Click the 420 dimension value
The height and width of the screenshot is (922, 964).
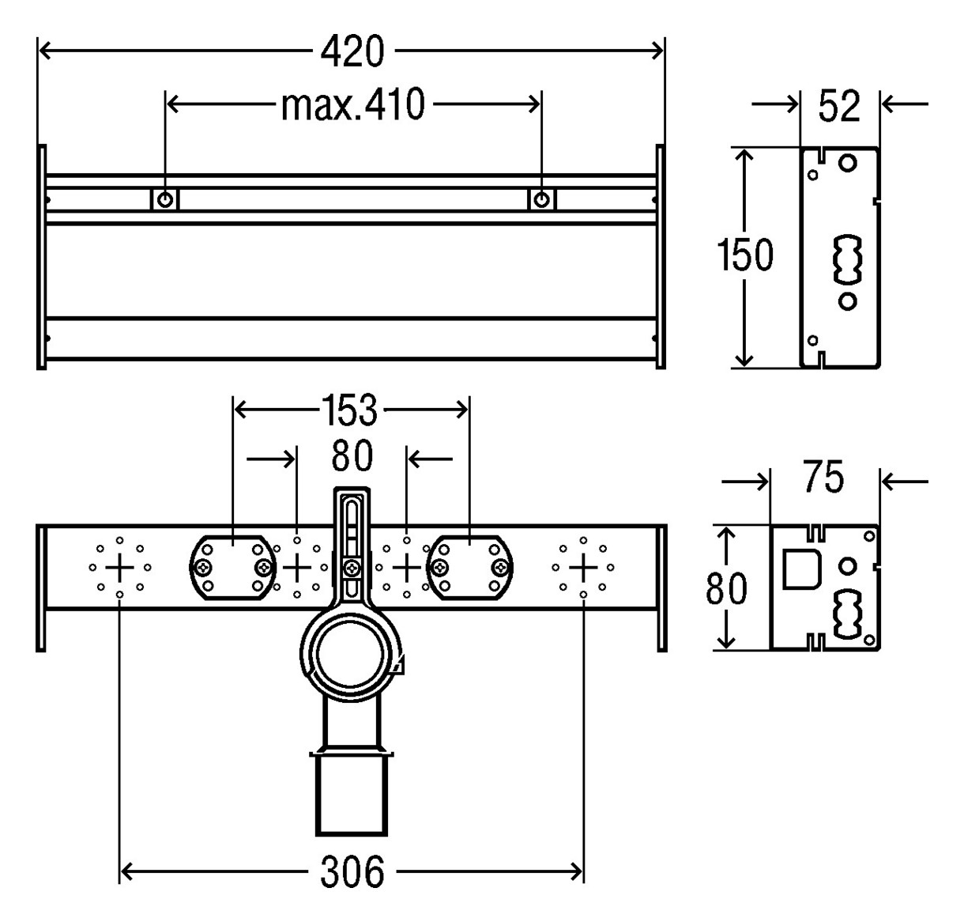pos(352,51)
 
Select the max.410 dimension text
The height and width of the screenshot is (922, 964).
pos(352,104)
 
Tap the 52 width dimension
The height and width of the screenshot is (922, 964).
pos(839,106)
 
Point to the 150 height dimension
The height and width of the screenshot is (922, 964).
pos(744,255)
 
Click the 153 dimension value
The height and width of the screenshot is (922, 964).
pos(350,410)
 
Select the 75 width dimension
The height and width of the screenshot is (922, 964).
pos(824,477)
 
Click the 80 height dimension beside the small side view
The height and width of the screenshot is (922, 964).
pos(726,588)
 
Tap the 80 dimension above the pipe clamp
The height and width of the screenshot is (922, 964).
pos(352,456)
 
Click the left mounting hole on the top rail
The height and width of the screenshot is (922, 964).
pos(164,200)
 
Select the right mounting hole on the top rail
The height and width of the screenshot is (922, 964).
pos(542,200)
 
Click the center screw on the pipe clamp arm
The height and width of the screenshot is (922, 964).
pos(352,567)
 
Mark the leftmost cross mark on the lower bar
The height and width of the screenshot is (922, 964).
pos(120,567)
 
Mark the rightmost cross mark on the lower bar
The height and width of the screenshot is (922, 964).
pos(584,567)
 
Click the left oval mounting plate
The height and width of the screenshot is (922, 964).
pos(233,567)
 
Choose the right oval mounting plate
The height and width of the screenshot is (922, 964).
pos(469,567)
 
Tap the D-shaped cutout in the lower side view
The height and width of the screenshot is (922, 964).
pos(801,568)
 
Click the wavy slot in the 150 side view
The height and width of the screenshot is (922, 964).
pos(848,259)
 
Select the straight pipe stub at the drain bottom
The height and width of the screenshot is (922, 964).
pos(351,795)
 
